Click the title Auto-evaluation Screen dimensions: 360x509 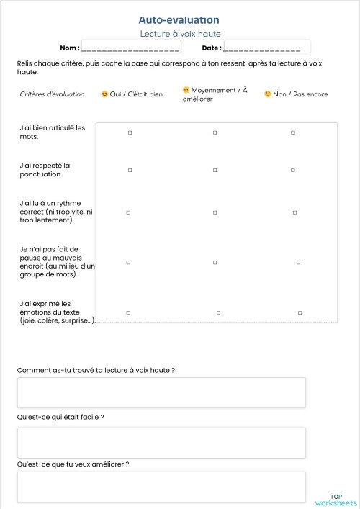179,20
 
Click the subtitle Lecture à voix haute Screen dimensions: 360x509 179,34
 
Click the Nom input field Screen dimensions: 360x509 130,47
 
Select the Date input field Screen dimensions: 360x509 266,47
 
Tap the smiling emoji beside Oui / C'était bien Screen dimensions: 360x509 104,94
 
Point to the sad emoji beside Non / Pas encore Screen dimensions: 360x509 267,94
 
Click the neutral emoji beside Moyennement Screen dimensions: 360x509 186,90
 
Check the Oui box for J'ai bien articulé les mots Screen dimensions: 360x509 130,132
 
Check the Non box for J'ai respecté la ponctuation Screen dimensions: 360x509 292,170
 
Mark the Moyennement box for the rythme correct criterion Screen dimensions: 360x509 215,212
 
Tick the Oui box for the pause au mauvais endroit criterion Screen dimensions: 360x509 128,262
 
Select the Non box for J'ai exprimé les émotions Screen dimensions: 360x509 300,312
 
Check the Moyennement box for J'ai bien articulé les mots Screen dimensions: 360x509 215,132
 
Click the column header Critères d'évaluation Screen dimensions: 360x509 52,94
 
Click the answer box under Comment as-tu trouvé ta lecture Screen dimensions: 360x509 161,392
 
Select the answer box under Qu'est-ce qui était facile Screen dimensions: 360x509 161,442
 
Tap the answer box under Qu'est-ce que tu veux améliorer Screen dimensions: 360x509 161,487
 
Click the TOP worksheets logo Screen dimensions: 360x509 336,499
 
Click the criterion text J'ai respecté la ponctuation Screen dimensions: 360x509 45,169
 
